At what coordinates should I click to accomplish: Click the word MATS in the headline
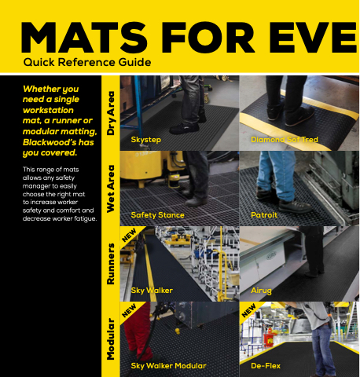pos(84,38)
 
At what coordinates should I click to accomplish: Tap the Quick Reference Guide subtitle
pos(87,63)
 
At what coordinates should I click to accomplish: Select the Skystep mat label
pos(145,140)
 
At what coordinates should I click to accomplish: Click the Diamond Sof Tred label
pos(285,140)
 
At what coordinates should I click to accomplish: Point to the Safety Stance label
pos(157,215)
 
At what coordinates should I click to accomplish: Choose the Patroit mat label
pos(264,215)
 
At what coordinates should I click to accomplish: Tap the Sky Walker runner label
pos(152,291)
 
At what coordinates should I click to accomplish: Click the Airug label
pos(261,291)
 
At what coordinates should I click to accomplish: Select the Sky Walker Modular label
pos(168,366)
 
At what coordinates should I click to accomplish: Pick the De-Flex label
pos(266,366)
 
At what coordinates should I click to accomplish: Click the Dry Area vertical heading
pos(111,113)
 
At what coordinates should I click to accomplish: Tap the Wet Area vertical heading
pos(111,188)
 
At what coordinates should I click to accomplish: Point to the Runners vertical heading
pos(111,264)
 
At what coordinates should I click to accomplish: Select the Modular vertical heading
pos(111,339)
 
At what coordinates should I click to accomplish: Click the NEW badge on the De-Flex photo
pos(248,310)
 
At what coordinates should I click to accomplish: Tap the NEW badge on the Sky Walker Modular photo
pos(129,310)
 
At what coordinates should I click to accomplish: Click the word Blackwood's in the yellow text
pos(50,142)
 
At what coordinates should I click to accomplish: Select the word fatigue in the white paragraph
pos(85,218)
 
